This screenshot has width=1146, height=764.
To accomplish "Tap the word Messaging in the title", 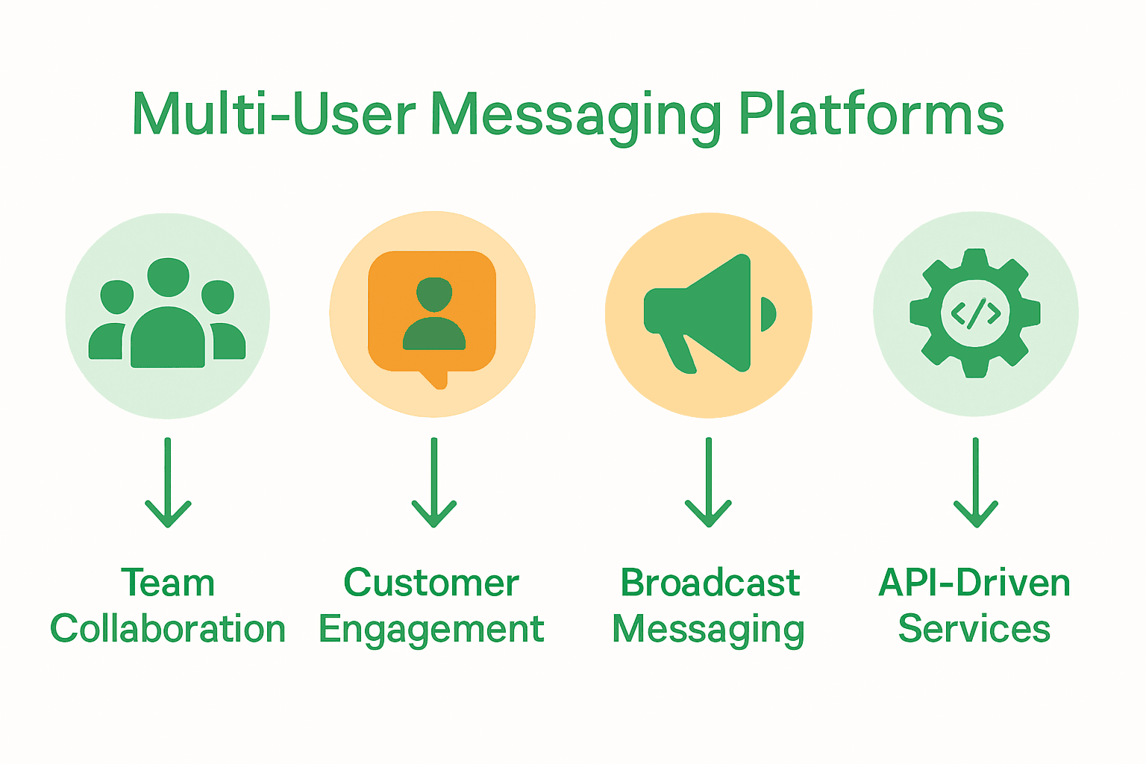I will (x=576, y=116).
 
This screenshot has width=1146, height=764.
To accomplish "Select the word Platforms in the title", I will (x=871, y=115).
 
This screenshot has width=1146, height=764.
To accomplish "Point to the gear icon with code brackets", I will (x=975, y=313).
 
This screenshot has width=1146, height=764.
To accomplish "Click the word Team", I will (x=168, y=583).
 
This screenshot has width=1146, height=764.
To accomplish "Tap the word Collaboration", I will (x=168, y=629).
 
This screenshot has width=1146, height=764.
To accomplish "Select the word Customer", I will (x=431, y=583).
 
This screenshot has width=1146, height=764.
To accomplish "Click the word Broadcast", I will (x=710, y=583).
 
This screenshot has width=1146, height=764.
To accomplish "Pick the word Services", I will (x=974, y=629).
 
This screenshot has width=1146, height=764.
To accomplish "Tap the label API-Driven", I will (x=974, y=583).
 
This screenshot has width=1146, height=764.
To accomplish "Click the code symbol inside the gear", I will (x=975, y=313).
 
